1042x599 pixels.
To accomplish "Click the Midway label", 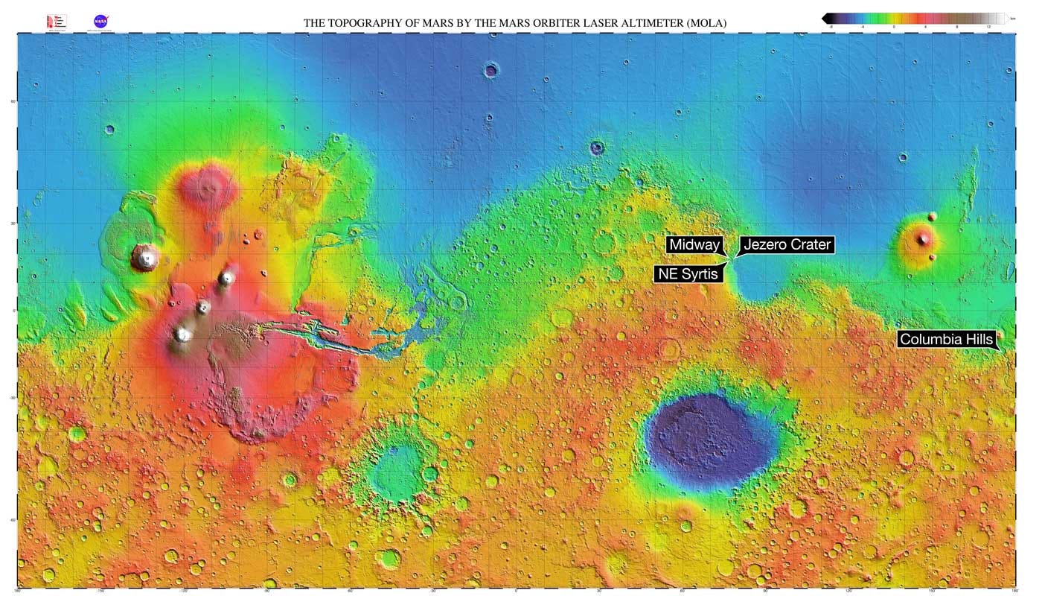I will click(x=694, y=245).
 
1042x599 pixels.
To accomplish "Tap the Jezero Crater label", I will click(x=787, y=245).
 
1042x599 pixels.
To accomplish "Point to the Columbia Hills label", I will click(x=945, y=340).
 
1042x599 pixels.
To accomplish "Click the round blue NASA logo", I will click(x=100, y=22).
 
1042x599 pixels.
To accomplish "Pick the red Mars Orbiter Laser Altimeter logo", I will click(x=57, y=22).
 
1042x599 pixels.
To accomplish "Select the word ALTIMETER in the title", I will click(x=633, y=24).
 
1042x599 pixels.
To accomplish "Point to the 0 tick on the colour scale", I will click(x=893, y=26).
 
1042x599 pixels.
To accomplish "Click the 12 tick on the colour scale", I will click(x=988, y=26).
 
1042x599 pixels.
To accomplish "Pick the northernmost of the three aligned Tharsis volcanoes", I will click(x=226, y=279).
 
